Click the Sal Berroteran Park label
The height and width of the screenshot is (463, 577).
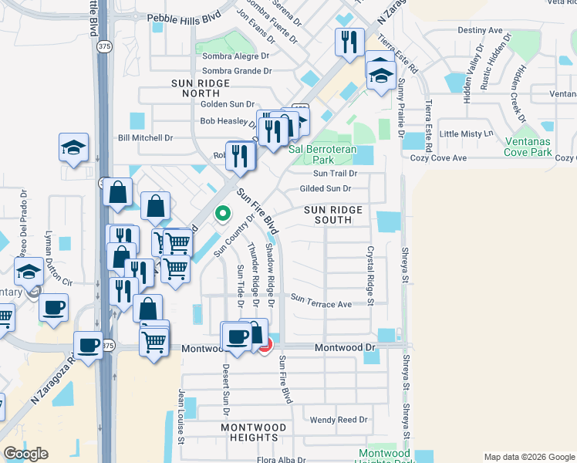[x=322, y=154]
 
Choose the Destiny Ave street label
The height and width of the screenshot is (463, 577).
[x=480, y=30]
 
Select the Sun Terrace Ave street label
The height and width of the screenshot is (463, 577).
[x=321, y=304]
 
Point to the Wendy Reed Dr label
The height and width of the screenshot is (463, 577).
[x=339, y=421]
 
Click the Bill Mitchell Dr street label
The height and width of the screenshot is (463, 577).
[x=145, y=138]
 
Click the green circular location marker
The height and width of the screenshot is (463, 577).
[x=223, y=214]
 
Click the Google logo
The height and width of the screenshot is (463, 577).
[x=26, y=454]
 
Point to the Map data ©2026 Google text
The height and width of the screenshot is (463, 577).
[x=528, y=457]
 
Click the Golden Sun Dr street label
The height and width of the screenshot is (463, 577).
[x=227, y=104]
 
